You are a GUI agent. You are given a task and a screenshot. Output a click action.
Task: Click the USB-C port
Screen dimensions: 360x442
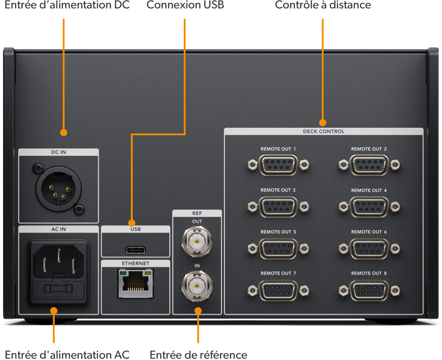click(135, 249)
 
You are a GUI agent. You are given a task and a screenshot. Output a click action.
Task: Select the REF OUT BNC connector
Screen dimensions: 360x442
click(197, 241)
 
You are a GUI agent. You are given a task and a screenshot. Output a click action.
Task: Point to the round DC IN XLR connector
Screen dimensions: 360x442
click(58, 187)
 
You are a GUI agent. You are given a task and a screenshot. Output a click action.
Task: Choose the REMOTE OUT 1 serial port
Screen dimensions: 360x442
click(278, 166)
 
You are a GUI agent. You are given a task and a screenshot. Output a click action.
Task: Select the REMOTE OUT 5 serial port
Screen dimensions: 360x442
click(278, 249)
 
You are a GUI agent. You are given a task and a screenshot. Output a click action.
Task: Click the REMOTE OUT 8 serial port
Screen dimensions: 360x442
click(369, 290)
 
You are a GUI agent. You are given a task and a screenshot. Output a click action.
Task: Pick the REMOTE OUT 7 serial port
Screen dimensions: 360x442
click(278, 290)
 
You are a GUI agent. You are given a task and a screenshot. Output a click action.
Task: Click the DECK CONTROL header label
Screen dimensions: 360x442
click(324, 131)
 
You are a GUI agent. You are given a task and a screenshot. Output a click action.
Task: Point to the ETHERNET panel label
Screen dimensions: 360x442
click(135, 263)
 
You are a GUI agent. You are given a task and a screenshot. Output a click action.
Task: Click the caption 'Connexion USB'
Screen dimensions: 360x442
click(185, 6)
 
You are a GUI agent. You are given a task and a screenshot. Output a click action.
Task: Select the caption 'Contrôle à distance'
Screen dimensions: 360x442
click(323, 6)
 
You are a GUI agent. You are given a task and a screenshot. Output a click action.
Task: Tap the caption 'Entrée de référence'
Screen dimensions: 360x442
click(198, 354)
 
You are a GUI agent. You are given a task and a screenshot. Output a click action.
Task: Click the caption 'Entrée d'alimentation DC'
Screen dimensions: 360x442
click(67, 6)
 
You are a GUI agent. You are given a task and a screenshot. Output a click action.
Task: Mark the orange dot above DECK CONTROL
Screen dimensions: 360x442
click(323, 122)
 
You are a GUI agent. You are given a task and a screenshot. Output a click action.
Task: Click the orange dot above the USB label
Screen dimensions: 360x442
click(132, 223)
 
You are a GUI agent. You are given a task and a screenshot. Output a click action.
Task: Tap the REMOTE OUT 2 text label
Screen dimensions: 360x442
click(369, 149)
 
